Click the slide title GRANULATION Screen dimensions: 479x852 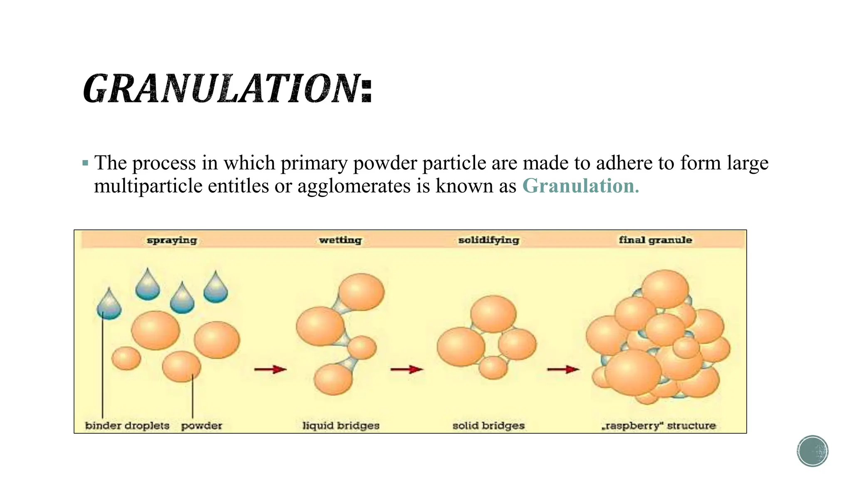[227, 89]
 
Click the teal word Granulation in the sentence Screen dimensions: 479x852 [580, 186]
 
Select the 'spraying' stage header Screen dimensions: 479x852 [171, 240]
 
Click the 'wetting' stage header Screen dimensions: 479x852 [340, 240]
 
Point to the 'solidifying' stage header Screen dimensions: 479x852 [488, 240]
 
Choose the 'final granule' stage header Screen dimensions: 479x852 [655, 240]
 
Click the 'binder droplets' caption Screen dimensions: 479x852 [127, 425]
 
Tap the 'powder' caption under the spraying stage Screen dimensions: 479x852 [201, 426]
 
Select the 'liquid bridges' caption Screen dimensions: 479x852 [341, 425]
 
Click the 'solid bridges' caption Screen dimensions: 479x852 [488, 425]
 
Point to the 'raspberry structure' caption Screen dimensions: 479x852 [659, 425]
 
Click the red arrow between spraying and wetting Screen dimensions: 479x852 [270, 369]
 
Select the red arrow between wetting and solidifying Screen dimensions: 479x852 [406, 369]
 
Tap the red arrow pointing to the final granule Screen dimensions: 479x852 [563, 369]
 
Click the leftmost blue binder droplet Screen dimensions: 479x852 [109, 306]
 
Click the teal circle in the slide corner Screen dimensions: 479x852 [812, 451]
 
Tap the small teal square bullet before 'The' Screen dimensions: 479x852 [85, 163]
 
